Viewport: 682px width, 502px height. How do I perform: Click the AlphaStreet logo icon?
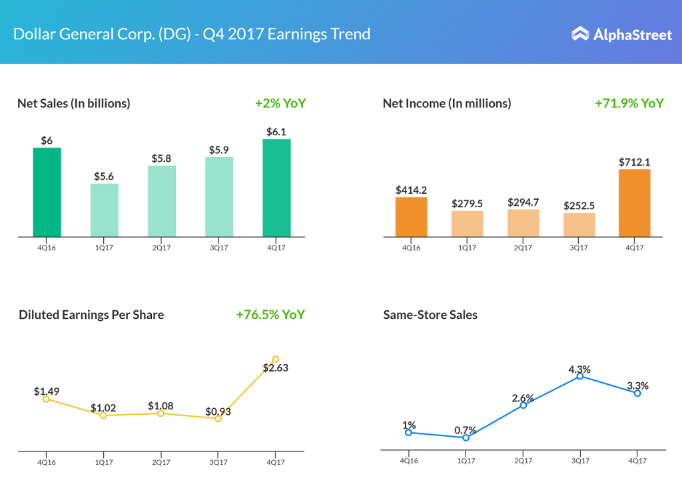[x=580, y=34]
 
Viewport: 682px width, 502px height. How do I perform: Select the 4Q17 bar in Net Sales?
[x=276, y=188]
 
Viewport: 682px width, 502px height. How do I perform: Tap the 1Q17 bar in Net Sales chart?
[x=104, y=210]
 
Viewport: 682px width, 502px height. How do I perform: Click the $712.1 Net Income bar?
[x=634, y=203]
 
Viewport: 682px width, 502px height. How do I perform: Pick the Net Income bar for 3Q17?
[x=578, y=224]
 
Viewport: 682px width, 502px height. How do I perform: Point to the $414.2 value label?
[x=411, y=190]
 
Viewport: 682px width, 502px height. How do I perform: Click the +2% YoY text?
[x=280, y=103]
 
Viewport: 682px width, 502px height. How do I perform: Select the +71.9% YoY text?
[x=629, y=103]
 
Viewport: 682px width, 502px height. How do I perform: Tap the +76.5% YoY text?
[x=270, y=314]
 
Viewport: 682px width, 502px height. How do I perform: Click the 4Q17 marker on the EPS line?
[x=276, y=360]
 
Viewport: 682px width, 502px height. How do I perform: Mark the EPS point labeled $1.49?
[x=46, y=399]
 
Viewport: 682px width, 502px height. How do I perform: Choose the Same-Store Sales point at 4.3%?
[x=580, y=376]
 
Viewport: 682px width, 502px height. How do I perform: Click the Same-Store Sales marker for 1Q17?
[x=466, y=437]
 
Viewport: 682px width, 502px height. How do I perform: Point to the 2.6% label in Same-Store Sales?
[x=523, y=398]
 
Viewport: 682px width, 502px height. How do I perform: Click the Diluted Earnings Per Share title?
[x=91, y=315]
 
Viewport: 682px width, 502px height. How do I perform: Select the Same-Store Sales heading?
[x=430, y=315]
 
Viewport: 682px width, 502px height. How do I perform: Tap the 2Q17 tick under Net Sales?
[x=161, y=247]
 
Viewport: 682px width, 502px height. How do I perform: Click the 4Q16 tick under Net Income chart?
[x=410, y=247]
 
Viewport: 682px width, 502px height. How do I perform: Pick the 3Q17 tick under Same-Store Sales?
[x=579, y=460]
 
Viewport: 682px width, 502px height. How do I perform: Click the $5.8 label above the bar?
[x=162, y=158]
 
